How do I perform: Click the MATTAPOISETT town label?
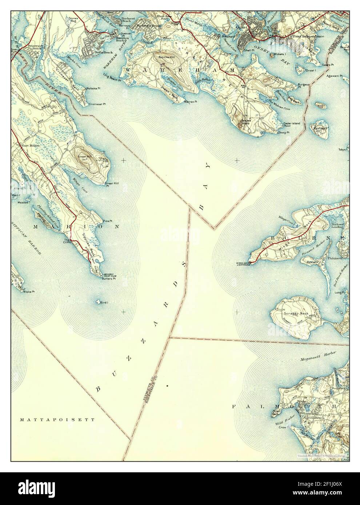click(x=57, y=419)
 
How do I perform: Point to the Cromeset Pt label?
click(x=97, y=104)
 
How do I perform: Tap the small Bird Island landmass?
click(x=97, y=302)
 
